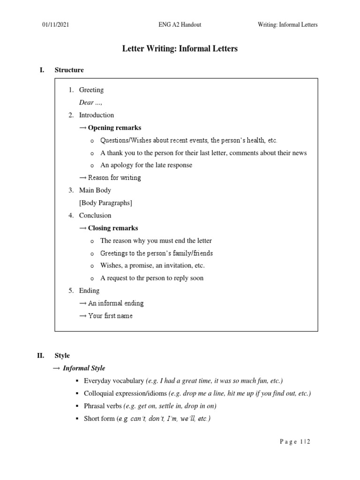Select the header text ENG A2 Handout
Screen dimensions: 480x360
(x=180, y=25)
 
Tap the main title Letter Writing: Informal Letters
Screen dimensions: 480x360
(x=180, y=49)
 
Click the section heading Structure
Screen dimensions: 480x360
(x=69, y=70)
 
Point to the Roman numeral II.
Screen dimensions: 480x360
(x=41, y=356)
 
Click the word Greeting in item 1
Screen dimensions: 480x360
(x=91, y=90)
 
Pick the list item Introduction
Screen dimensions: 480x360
(x=96, y=115)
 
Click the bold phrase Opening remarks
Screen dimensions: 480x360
(x=114, y=127)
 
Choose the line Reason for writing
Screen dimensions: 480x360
(x=114, y=178)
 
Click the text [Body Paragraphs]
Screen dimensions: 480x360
(x=105, y=203)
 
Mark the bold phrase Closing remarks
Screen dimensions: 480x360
(x=113, y=228)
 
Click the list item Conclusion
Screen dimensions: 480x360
(x=95, y=216)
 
